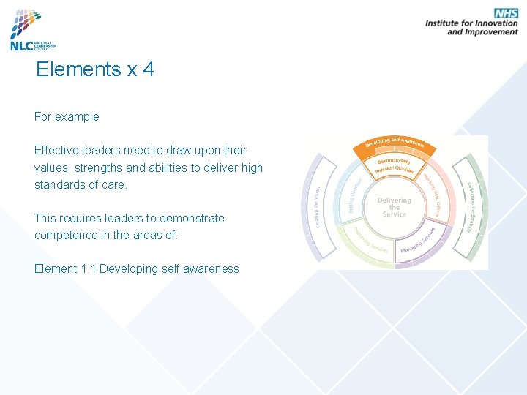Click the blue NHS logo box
[x=505, y=13]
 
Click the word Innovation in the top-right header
[x=490, y=23]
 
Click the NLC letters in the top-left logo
[x=20, y=45]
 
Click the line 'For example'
[x=67, y=116]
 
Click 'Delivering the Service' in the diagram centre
[x=394, y=207]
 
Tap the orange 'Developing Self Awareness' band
[x=395, y=142]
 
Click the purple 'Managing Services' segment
[x=420, y=241]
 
